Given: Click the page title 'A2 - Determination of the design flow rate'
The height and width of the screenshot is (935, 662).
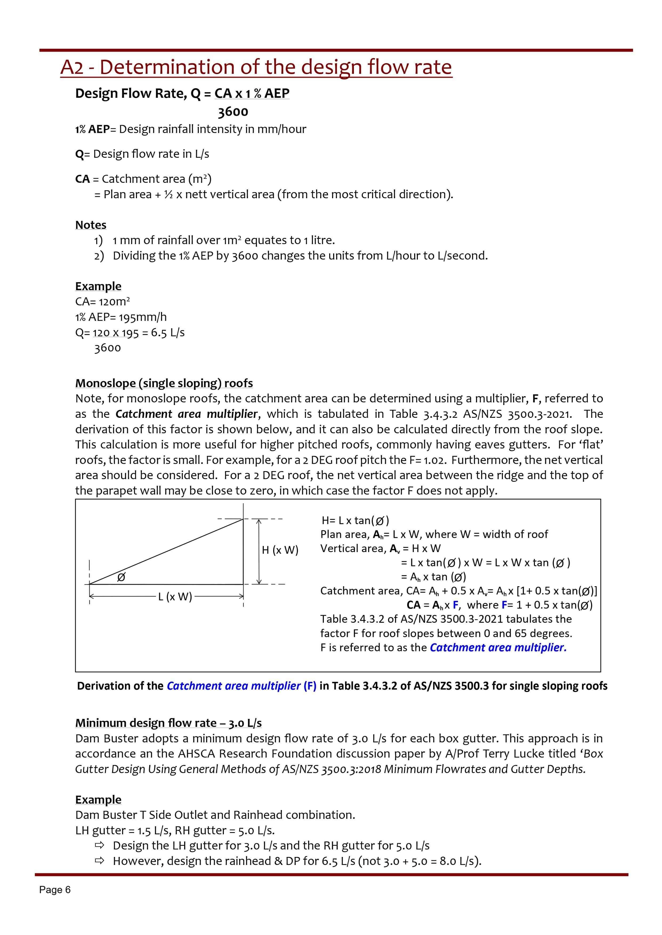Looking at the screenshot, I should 256,67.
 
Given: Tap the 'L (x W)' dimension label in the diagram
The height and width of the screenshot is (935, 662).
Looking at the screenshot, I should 175,597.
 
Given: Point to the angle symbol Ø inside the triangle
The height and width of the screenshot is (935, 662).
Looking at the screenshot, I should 121,577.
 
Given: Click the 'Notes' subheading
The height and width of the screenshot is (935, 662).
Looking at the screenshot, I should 91,225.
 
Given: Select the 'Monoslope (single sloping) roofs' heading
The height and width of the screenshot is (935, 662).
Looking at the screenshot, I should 164,383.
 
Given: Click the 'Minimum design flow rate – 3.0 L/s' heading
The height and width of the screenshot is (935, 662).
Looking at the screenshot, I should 168,723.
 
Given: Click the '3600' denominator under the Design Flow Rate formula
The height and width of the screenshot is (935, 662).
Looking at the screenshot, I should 233,112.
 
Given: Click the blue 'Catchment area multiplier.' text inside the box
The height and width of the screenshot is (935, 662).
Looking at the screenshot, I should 498,648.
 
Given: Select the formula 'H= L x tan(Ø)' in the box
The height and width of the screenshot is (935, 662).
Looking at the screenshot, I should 355,520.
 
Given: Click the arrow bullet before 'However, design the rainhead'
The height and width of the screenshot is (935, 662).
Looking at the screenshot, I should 99,861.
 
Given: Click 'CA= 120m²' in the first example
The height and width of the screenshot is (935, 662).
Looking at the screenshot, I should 102,302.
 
